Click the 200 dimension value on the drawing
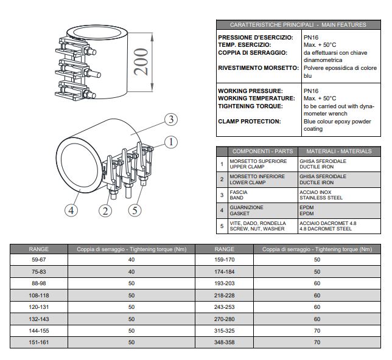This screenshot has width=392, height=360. point(141,61)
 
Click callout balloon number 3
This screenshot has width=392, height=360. point(172,119)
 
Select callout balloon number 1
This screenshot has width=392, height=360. point(171,142)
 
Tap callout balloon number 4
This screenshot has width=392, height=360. point(71,211)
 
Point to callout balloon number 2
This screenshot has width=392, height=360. point(106,210)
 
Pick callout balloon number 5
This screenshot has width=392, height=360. point(136,210)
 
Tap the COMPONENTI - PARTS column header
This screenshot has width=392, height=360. point(262,151)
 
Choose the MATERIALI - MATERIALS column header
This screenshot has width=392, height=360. point(339,151)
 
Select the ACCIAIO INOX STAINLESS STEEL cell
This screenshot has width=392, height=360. point(339,195)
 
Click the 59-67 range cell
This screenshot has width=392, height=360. point(39,260)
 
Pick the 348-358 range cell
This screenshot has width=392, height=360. point(225,343)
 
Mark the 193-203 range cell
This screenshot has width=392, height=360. point(225,284)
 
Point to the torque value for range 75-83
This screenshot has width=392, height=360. point(131,272)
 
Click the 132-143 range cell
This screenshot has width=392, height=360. point(39,319)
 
